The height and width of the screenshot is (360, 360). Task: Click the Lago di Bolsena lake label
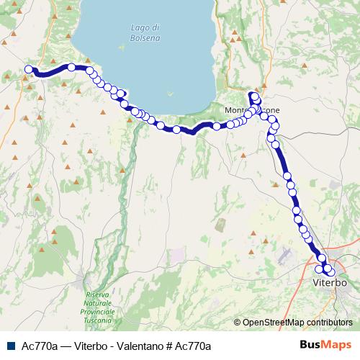click(145, 32)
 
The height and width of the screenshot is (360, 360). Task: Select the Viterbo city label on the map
click(330, 283)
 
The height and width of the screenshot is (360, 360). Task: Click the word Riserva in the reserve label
click(97, 295)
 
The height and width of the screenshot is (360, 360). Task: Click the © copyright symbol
click(237, 323)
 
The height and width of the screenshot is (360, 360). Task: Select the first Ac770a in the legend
click(41, 346)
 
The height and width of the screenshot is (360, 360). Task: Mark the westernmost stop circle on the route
click(29, 69)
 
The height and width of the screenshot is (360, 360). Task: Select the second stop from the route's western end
click(72, 67)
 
